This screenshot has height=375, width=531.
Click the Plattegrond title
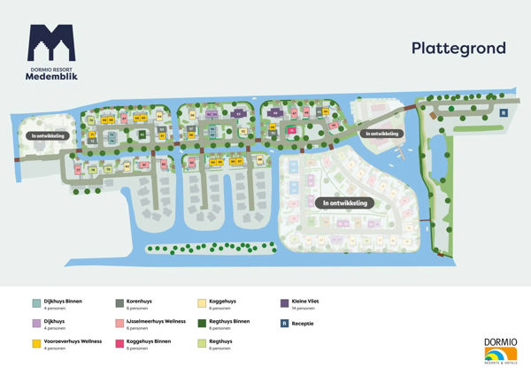coord(458,48)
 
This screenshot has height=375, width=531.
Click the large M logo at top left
coord(51,42)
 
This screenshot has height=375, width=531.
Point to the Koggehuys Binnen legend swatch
coord(119,342)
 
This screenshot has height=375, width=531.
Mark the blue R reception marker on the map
coord(503,112)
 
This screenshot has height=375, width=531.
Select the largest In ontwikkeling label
coord(345,203)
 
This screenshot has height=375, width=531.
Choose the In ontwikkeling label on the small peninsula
coord(381,134)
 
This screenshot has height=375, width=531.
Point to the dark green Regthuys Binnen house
coord(142,134)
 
